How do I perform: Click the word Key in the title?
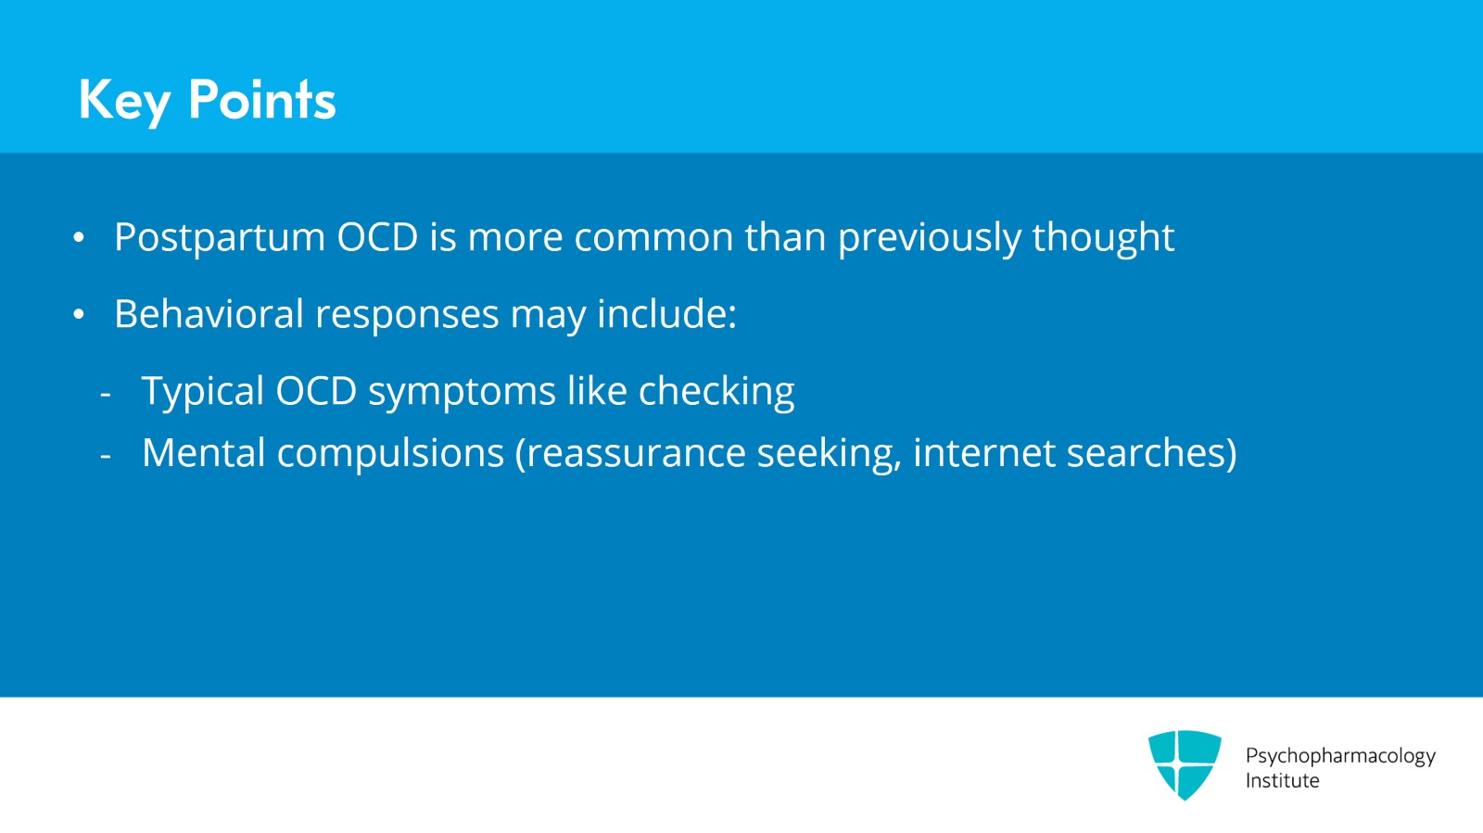pos(123,100)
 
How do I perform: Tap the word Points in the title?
pos(261,100)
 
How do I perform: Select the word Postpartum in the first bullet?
pos(220,238)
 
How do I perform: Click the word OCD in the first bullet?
pos(377,238)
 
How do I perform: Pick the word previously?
pos(929,238)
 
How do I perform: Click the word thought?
pos(1103,238)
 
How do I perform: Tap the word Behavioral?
pos(209,315)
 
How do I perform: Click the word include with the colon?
pos(666,315)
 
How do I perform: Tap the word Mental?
pos(203,453)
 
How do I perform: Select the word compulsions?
pos(390,453)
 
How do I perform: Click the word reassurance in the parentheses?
pos(630,453)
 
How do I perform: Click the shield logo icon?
pos(1185,764)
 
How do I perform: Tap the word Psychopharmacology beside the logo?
pos(1340,756)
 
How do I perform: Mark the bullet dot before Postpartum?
pos(80,238)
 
